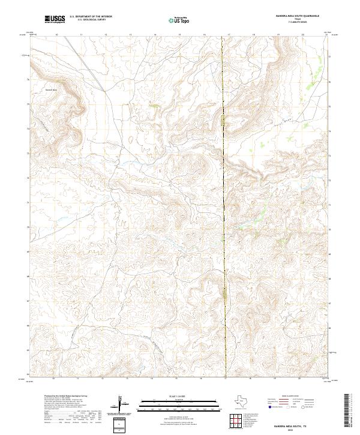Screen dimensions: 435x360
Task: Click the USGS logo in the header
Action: tap(55, 19)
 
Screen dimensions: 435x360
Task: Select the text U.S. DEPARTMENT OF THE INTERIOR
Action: tap(91, 17)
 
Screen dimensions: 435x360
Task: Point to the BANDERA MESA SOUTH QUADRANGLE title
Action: tap(296, 16)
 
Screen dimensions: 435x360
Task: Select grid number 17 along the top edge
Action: tap(229, 35)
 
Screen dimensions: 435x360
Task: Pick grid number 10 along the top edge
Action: tap(56, 35)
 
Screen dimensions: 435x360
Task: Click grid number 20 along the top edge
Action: tap(302, 35)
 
